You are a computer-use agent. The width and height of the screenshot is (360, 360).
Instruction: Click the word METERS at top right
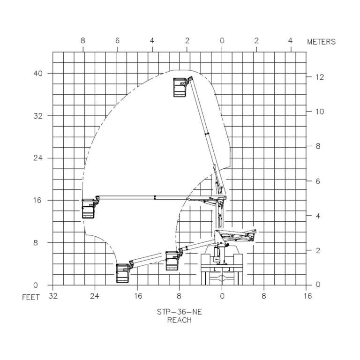tap(321, 42)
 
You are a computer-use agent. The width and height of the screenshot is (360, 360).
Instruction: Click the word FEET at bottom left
tap(31, 298)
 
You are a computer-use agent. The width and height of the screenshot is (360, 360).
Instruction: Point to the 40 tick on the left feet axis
tap(38, 74)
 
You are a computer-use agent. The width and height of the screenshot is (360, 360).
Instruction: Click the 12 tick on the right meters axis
tap(320, 77)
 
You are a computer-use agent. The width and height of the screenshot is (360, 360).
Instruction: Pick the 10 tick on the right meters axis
tap(320, 112)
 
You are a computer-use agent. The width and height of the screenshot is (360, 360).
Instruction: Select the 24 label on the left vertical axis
tap(38, 158)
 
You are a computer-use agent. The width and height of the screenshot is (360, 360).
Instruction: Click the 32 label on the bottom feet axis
tap(52, 296)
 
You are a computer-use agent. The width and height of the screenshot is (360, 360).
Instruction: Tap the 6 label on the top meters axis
tap(117, 41)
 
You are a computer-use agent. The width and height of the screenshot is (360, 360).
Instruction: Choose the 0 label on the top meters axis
tap(222, 41)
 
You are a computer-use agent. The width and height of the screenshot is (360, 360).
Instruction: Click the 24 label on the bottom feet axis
tap(95, 296)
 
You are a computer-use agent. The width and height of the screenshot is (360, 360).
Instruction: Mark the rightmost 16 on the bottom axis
tap(307, 296)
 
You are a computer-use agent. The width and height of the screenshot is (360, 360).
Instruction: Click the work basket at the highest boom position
tap(180, 87)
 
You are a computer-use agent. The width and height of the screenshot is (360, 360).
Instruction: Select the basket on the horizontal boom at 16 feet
tap(89, 208)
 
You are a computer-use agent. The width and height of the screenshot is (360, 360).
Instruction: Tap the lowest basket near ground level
tap(123, 273)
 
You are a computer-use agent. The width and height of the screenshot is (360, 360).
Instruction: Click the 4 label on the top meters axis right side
tap(290, 41)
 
